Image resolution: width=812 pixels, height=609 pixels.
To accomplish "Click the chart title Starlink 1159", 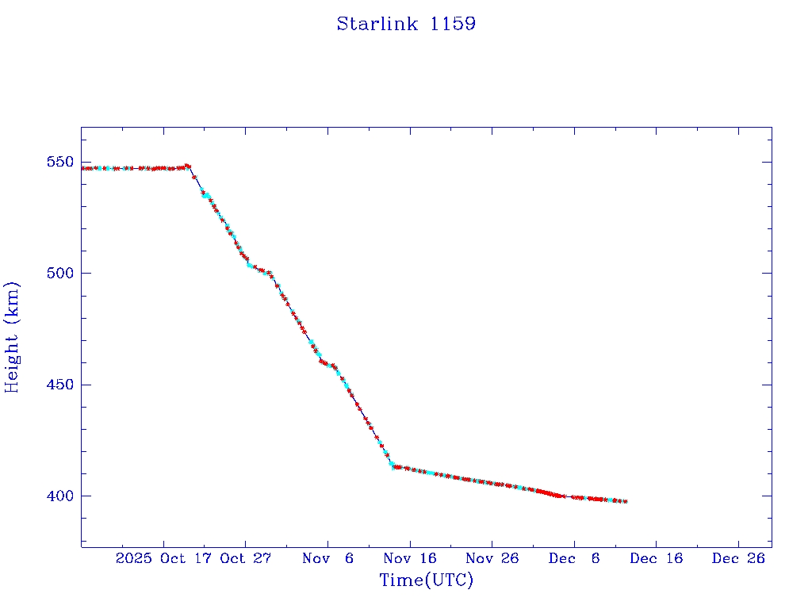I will [406, 24].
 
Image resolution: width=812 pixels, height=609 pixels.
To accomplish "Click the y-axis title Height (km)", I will [12, 337].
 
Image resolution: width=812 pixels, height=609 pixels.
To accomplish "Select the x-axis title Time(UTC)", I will [426, 580].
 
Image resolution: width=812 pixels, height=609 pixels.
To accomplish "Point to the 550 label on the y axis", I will [61, 163].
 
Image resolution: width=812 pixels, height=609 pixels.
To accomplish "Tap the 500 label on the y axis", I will [61, 274].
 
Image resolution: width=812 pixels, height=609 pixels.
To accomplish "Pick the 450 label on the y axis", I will [61, 385].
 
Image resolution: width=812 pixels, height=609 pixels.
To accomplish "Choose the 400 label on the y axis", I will [61, 496].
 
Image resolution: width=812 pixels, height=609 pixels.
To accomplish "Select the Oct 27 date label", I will [246, 558].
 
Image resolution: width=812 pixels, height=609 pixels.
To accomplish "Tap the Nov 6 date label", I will [327, 558].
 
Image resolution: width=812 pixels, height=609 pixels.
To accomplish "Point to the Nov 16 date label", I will [410, 558].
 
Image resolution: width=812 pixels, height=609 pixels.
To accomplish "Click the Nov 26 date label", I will [492, 558].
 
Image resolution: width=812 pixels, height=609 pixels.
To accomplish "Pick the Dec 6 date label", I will [574, 558].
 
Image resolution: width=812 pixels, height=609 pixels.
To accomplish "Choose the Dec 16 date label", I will [656, 558].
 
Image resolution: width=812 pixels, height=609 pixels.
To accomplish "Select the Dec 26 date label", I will [738, 558].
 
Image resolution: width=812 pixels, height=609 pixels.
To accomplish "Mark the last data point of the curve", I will [626, 501].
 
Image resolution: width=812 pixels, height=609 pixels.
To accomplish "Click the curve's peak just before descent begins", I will [187, 166].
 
